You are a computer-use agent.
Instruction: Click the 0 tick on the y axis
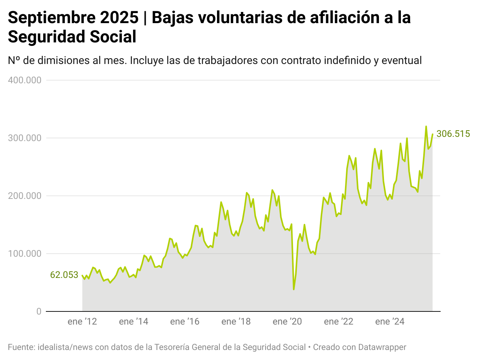tap(39, 311)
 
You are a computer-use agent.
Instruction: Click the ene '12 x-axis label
tap(82, 322)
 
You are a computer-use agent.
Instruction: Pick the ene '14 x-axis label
tap(134, 322)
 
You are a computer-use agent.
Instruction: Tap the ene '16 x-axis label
tap(185, 322)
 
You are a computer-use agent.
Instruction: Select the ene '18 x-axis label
tap(236, 322)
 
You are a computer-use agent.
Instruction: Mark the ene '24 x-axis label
tap(390, 322)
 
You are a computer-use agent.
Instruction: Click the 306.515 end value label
tap(453, 134)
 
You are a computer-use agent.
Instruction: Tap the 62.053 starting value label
tap(64, 275)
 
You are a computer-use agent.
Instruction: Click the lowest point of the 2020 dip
tap(294, 289)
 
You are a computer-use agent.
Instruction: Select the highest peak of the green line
tap(426, 126)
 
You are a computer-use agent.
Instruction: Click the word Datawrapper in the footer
tap(382, 347)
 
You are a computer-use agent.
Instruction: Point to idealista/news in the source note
tap(65, 347)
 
